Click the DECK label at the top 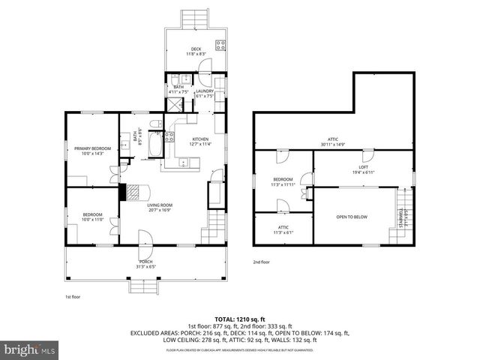click(x=195, y=49)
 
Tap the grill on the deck click(x=221, y=44)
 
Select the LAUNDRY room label click(x=205, y=91)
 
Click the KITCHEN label click(x=199, y=139)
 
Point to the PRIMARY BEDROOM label click(x=92, y=148)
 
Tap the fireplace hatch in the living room click(x=132, y=191)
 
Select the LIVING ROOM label click(x=160, y=205)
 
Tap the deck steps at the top click(x=195, y=16)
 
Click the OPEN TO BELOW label click(x=351, y=217)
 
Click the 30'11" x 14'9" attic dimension click(x=332, y=144)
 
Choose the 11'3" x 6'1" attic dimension click(x=283, y=232)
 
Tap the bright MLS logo click(x=29, y=349)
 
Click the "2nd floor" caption click(x=262, y=262)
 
